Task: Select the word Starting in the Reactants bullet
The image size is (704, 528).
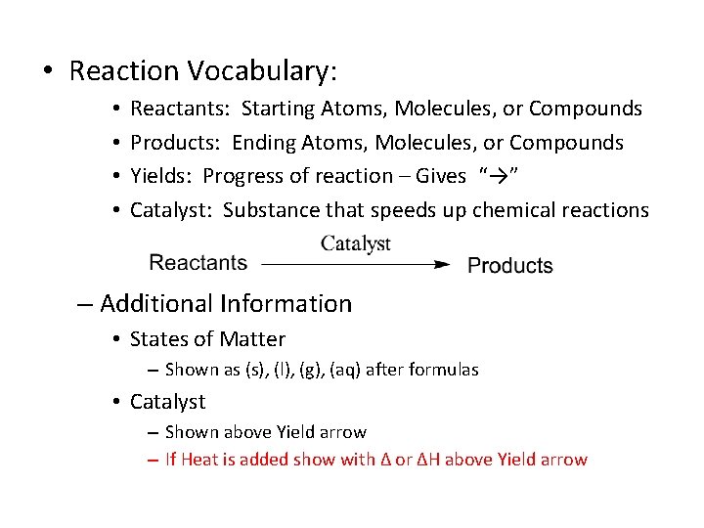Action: click(281, 109)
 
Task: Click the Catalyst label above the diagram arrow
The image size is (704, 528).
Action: click(356, 243)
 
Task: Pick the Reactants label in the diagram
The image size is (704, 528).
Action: click(198, 263)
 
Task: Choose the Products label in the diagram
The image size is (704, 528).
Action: click(509, 266)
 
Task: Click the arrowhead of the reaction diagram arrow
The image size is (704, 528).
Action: click(441, 264)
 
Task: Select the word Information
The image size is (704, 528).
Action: click(286, 304)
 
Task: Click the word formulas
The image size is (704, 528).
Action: click(446, 370)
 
